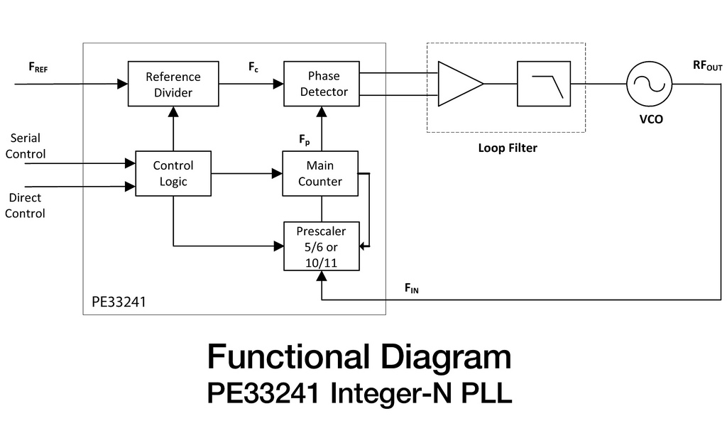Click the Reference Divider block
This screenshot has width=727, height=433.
coord(173,84)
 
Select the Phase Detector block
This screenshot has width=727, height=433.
coord(322,84)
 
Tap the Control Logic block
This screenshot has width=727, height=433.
coord(173,173)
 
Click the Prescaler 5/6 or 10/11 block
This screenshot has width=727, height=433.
coord(322,246)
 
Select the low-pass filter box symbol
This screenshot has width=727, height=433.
coord(542,84)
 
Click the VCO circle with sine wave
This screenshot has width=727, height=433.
coord(648,84)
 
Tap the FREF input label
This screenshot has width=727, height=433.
coord(38,67)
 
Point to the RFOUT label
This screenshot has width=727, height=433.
coord(707,66)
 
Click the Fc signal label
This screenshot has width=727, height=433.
coord(253,67)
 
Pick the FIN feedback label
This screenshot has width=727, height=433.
coord(412,287)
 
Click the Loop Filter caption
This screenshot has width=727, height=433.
coord(507,148)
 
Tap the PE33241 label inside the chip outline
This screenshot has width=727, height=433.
coord(119,302)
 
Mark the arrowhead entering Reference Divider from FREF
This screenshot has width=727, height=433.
coord(122,84)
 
